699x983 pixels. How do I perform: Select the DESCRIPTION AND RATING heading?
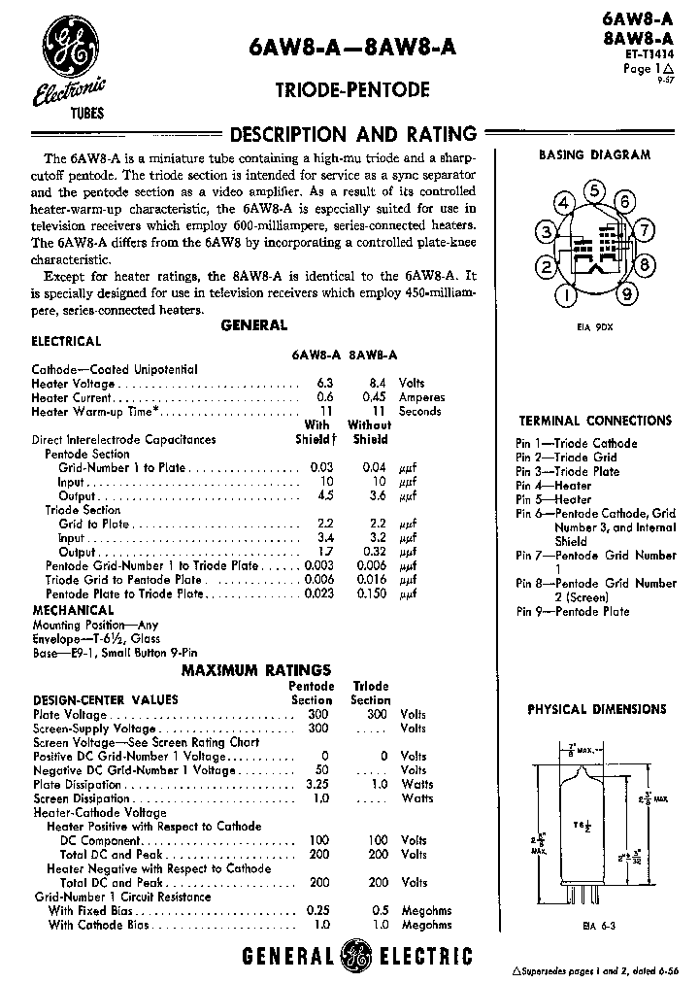point(351,135)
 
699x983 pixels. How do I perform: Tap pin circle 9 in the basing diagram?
point(628,293)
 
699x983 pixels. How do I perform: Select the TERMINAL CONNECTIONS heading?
point(593,421)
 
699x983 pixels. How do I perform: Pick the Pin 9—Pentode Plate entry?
point(573,611)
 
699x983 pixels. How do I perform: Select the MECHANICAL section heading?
point(74,611)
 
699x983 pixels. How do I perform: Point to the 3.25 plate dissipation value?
point(316,784)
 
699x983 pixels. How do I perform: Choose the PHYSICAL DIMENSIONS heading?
point(595,709)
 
